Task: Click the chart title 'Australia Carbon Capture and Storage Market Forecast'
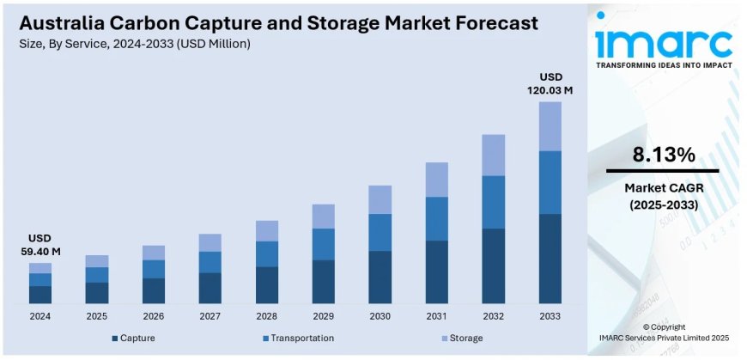click(278, 22)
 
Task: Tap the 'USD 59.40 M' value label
click(39, 244)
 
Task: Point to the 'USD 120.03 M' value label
click(550, 82)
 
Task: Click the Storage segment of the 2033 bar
click(550, 126)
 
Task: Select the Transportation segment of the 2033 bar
click(550, 182)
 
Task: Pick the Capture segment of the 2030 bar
click(380, 277)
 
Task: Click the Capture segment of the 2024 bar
click(40, 295)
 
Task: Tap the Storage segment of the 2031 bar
click(436, 180)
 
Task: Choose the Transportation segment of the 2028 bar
click(267, 253)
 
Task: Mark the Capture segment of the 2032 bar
click(493, 265)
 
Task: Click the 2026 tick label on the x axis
click(154, 316)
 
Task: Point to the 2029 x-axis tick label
click(323, 316)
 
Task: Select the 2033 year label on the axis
click(550, 316)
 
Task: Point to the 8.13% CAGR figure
click(663, 155)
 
